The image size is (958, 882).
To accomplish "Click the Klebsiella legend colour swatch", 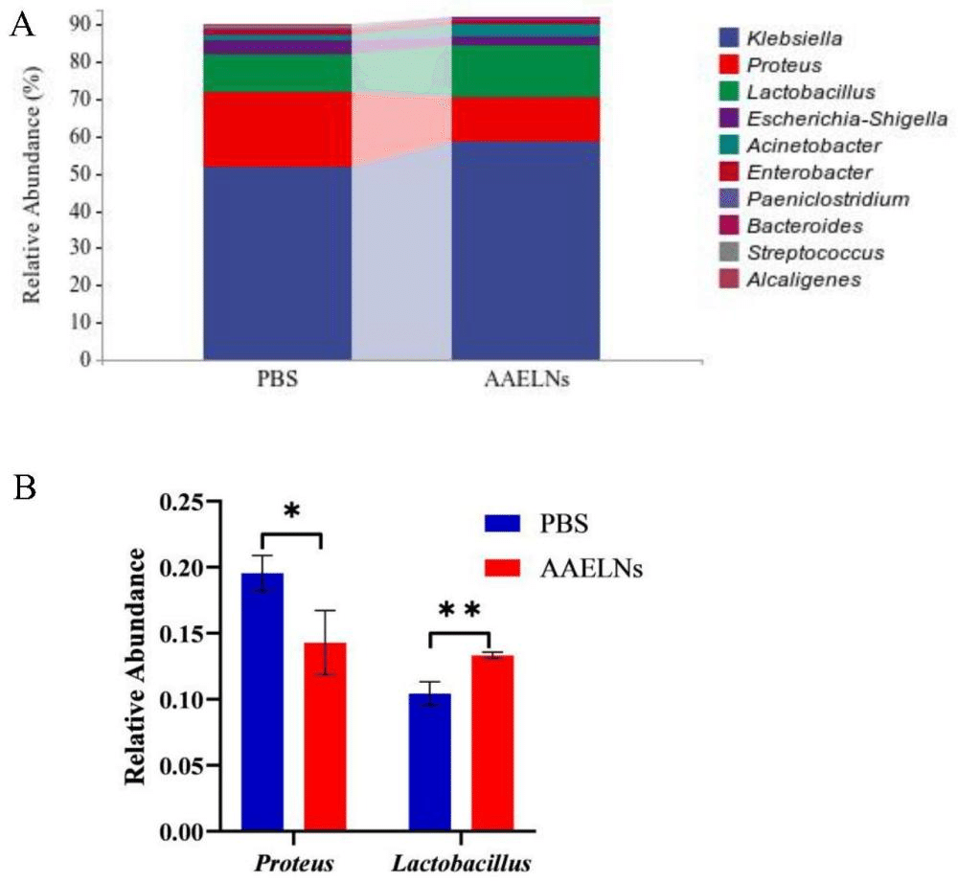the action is pos(729,38).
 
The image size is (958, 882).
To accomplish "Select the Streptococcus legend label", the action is pos(815,253).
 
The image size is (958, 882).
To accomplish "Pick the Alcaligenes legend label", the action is pos(804,280).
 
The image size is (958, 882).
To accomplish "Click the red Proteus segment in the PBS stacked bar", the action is pos(278,129).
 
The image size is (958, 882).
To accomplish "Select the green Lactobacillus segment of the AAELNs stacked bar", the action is pos(525,72).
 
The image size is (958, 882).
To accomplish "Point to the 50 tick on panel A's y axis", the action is pos(98,174).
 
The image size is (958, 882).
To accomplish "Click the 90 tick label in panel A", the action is pos(79,25).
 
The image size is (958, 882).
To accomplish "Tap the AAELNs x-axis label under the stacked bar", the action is pos(527,379).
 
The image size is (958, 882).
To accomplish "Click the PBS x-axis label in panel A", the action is pos(278,379).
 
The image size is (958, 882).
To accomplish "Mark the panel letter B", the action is pos(24,488).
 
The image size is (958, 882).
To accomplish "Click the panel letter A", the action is pos(23,25).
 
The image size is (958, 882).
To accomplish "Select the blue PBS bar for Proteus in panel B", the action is pos(262,702).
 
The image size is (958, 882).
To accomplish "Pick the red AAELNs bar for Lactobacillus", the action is pos(492,743).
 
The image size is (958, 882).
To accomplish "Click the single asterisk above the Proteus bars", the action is pos(291,510).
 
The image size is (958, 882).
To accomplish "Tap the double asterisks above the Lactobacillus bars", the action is pos(460,611).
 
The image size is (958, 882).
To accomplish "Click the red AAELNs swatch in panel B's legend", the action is pos(502,569).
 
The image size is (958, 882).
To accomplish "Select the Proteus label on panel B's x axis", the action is pos(294,864).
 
